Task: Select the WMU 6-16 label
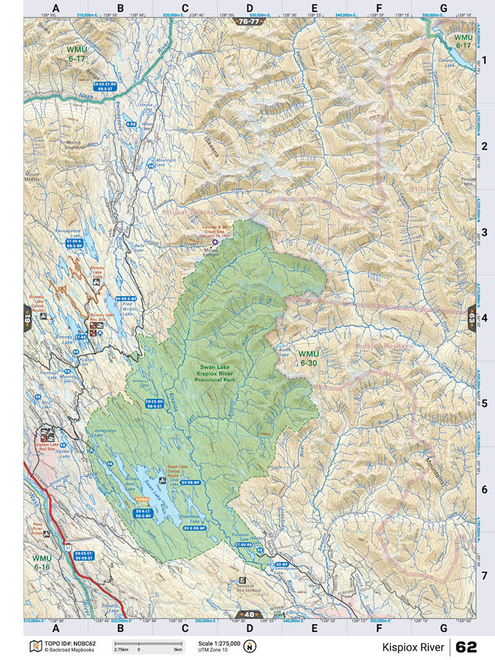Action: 42,562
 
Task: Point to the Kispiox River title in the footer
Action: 413,646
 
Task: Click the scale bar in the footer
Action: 147,644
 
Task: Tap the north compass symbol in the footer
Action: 250,646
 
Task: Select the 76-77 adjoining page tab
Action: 248,21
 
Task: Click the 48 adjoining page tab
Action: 248,614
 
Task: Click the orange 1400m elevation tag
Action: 142,500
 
